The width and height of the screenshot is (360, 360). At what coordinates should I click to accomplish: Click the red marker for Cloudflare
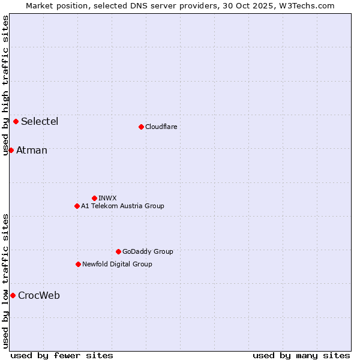pos(141,127)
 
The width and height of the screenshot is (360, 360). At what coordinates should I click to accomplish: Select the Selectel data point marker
pos(16,121)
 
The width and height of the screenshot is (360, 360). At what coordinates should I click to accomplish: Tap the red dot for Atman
pos(11,150)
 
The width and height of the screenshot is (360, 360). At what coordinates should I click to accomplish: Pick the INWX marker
pos(94,198)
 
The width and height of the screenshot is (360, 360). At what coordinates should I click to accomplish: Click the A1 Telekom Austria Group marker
pos(77,206)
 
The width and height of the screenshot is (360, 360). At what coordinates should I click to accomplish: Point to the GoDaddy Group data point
pos(118,251)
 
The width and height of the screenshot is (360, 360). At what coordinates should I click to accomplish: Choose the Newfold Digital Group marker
pos(78,264)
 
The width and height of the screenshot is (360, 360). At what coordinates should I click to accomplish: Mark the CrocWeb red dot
pos(13,295)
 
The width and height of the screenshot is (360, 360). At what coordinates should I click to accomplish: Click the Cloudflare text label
pos(161,127)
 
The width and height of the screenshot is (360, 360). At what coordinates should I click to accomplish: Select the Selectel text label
pos(40,122)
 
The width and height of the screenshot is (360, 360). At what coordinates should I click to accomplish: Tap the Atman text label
pos(32,151)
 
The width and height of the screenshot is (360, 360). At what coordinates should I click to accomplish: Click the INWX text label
pos(108,198)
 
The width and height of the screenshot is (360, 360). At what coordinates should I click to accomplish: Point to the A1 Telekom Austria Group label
pos(122,206)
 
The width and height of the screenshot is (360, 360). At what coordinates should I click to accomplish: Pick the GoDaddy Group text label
pos(148,251)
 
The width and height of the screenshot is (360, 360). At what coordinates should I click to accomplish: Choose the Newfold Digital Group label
pos(117,264)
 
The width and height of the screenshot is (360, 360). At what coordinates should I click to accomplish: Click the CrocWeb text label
pos(39,296)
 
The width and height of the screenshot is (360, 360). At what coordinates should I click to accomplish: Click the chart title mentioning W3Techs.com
pos(180,5)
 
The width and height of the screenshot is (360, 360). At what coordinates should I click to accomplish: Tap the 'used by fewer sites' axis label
pos(62,355)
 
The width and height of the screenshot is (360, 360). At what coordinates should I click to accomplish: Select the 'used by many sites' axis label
pos(301,355)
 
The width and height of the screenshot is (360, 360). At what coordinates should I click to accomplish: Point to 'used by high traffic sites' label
pos(5,85)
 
